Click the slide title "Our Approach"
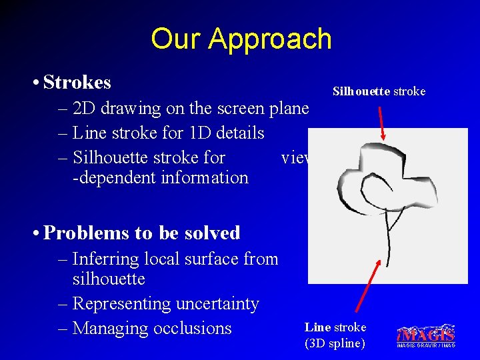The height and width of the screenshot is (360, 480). click(x=241, y=39)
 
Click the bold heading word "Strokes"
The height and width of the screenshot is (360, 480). click(x=77, y=83)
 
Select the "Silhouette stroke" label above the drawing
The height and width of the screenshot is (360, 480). click(x=379, y=91)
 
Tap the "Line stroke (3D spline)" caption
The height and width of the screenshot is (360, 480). click(x=335, y=335)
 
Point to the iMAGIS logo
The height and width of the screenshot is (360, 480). click(x=425, y=335)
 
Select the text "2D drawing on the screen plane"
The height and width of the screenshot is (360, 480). click(x=191, y=108)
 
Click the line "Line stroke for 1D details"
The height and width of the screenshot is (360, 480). click(x=168, y=133)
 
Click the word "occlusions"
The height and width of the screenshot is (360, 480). click(x=192, y=328)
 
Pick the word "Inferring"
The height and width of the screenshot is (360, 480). click(x=102, y=259)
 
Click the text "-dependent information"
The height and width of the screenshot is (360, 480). click(x=160, y=177)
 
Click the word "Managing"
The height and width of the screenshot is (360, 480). click(x=110, y=328)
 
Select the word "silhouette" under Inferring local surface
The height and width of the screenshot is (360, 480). click(x=108, y=279)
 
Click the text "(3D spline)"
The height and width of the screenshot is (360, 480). click(x=335, y=343)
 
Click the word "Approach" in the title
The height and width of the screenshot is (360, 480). click(x=270, y=39)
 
